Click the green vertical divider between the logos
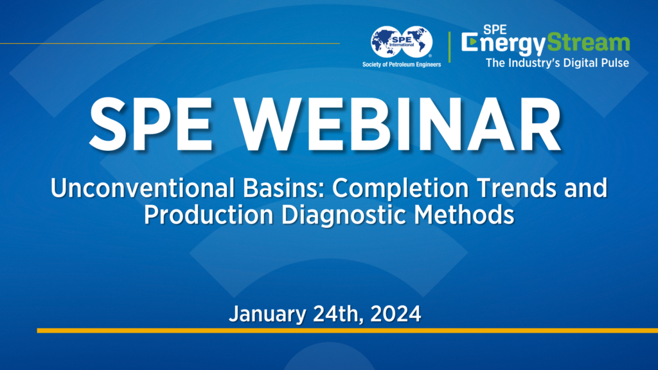coord(450,46)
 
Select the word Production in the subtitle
coord(205,215)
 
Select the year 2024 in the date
coord(396,314)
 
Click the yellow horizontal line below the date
coord(347,330)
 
